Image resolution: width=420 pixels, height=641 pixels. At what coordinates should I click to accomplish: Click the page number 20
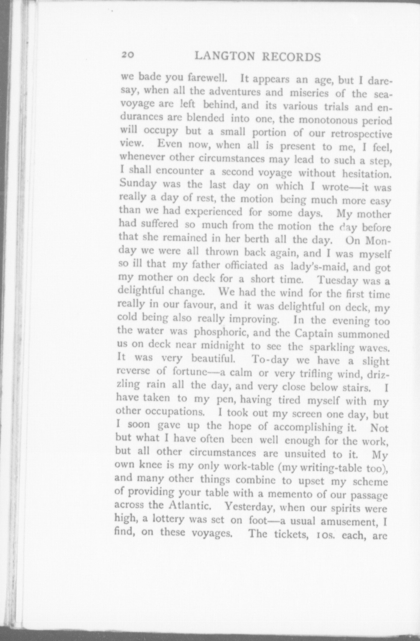pos(128,55)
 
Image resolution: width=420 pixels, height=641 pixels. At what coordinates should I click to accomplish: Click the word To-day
pos(270,360)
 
